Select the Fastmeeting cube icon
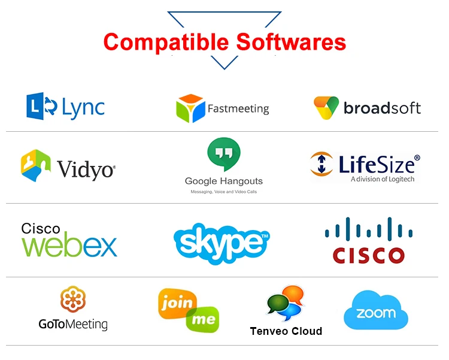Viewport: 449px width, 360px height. [190, 108]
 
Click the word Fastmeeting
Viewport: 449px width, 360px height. [238, 109]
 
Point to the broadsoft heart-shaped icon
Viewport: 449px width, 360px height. [326, 108]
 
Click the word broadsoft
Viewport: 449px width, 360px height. [382, 108]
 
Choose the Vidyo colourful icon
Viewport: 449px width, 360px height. [35, 165]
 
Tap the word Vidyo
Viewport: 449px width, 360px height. [86, 170]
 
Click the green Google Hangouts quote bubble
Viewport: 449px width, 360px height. [223, 155]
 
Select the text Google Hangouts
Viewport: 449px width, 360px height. [223, 181]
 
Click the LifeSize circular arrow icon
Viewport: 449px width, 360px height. [322, 164]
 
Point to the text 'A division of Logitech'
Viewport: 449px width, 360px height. [382, 179]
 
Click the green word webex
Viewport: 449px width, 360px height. [69, 246]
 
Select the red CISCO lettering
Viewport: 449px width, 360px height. [369, 255]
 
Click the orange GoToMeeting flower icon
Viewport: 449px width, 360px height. [73, 300]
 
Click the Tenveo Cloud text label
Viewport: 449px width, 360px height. [286, 331]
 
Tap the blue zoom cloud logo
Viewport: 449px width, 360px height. [375, 312]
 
